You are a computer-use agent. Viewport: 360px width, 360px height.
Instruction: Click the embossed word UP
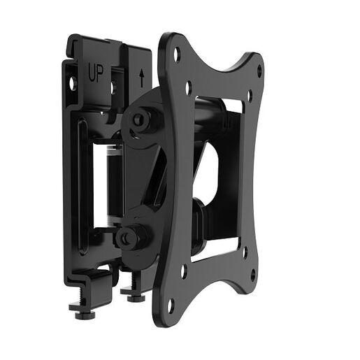(x=95, y=71)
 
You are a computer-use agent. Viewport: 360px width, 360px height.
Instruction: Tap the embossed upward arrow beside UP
(x=142, y=76)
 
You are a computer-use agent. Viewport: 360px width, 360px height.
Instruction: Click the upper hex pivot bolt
(x=138, y=120)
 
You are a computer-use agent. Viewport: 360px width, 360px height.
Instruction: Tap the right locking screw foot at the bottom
(x=134, y=296)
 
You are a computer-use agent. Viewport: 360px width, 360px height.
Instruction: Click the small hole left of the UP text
(x=71, y=83)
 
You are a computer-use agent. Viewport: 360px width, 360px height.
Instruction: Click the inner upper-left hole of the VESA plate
(x=189, y=87)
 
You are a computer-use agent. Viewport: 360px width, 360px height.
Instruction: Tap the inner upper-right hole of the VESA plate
(x=249, y=95)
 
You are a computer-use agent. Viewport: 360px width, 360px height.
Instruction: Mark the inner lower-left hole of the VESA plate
(x=184, y=267)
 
